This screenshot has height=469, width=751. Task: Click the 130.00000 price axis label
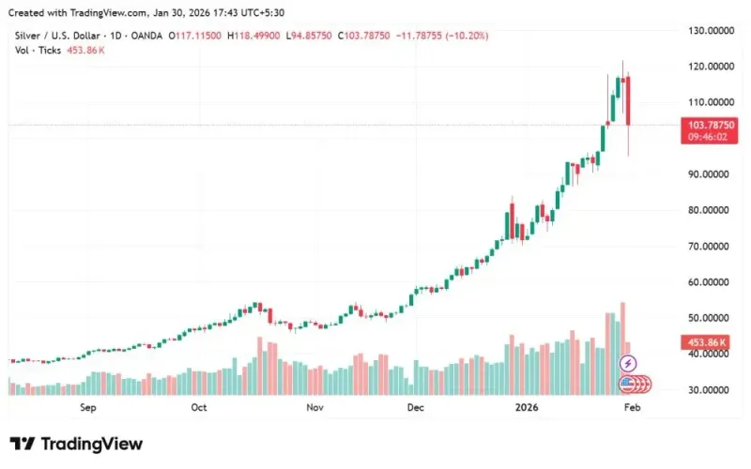[711, 31]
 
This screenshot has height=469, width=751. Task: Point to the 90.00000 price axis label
[711, 174]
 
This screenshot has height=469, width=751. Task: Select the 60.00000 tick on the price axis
[711, 282]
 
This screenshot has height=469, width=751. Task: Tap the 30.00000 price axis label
[711, 389]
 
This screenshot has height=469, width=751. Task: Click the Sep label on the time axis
[88, 408]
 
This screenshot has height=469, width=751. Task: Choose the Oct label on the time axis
[198, 408]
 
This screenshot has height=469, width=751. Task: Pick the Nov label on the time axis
[314, 408]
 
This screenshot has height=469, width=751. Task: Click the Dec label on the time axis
[416, 408]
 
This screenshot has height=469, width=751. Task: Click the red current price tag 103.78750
[711, 125]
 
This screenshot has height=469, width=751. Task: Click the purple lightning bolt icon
[629, 363]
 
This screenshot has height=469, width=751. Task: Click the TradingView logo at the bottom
[76, 444]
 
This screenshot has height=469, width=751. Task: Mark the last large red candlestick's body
[627, 100]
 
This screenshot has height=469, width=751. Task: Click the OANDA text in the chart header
[144, 35]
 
